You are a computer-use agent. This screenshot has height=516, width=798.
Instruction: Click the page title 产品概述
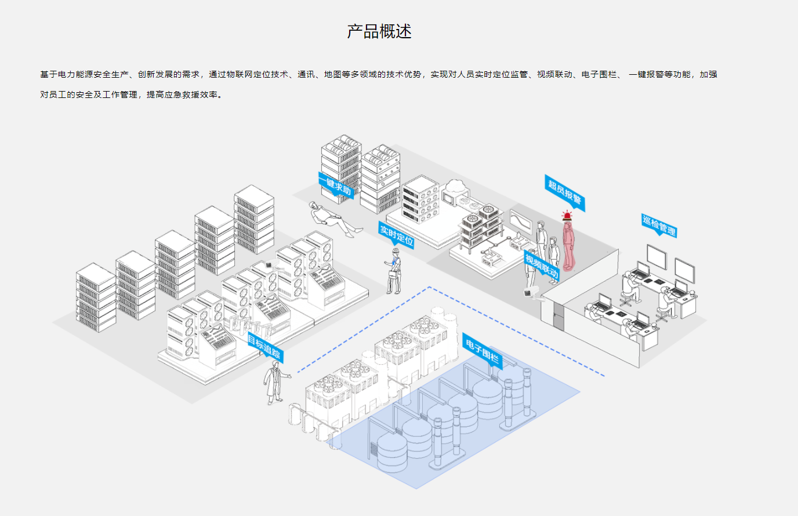tap(379, 31)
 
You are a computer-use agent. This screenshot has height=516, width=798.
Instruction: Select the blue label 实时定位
tap(397, 235)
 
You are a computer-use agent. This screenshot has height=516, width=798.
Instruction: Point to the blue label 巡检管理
tap(659, 225)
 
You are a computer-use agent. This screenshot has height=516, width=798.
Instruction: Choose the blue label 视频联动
tap(542, 265)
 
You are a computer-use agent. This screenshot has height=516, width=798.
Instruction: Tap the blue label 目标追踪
tap(264, 347)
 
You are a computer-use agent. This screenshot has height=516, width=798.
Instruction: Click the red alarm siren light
tap(567, 216)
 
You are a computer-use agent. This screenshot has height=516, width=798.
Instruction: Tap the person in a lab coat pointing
tap(274, 381)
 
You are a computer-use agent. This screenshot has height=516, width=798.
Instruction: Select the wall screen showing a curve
tap(520, 220)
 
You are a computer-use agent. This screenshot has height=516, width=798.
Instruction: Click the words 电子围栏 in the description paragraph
tap(599, 75)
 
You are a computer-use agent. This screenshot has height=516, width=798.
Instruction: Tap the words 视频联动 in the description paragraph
tap(554, 75)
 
